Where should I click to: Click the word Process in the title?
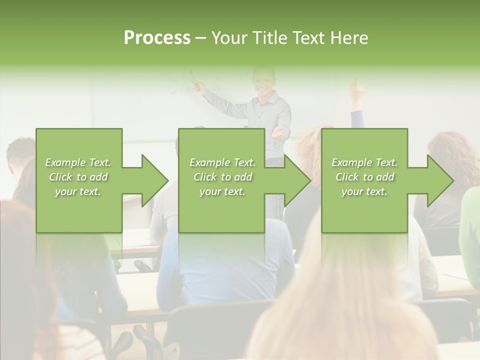point(157,38)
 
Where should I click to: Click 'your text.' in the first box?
point(78,191)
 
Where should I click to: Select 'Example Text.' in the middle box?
point(222,162)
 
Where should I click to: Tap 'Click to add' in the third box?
point(364,177)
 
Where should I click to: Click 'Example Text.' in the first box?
point(78,162)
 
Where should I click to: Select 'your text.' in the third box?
point(364,191)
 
